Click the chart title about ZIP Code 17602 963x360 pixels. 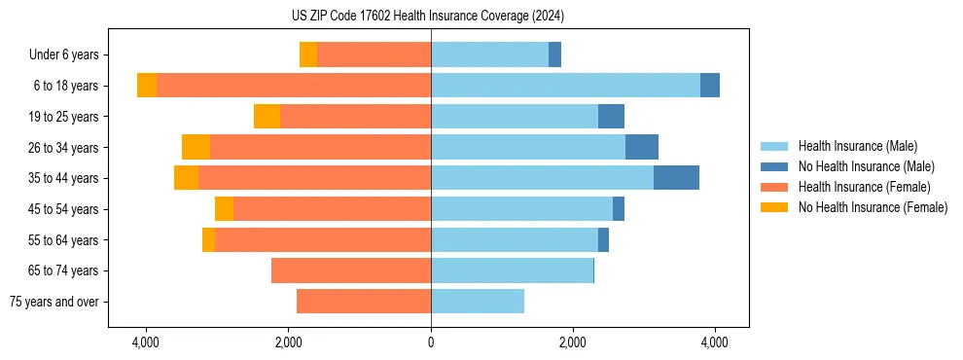[x=427, y=17]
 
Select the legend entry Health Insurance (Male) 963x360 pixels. [x=857, y=146]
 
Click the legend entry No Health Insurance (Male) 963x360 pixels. [x=866, y=166]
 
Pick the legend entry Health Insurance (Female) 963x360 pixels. [x=864, y=187]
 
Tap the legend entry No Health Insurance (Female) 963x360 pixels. [x=873, y=207]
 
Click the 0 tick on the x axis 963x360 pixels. [x=431, y=342]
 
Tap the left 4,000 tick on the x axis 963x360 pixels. [x=146, y=342]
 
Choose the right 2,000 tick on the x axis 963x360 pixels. [x=573, y=342]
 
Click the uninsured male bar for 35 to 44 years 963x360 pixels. [x=676, y=178]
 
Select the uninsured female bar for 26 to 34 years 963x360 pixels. [x=196, y=147]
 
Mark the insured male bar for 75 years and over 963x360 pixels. [x=478, y=302]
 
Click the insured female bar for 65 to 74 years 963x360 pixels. [x=351, y=270]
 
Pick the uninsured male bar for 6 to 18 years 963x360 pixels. [x=710, y=86]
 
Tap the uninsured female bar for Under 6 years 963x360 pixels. [x=308, y=54]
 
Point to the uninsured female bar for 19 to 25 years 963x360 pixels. [x=267, y=117]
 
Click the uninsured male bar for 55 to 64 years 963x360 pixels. [x=603, y=239]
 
